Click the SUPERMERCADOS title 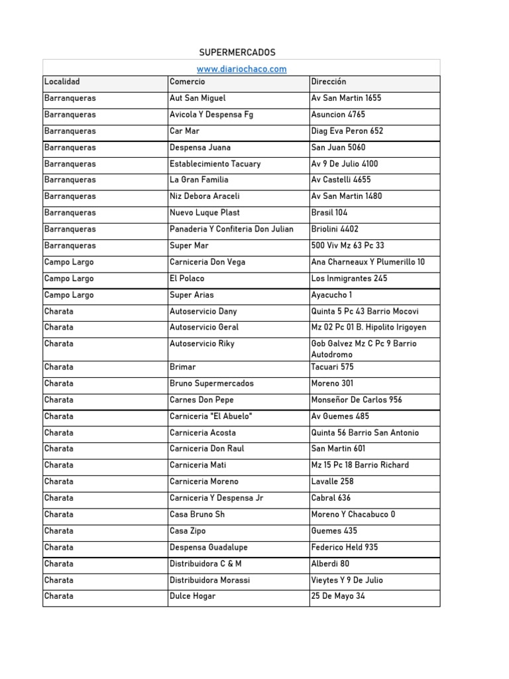click(237, 52)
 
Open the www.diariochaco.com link click(241, 69)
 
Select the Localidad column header click(62, 82)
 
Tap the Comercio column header click(188, 82)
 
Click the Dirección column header click(329, 82)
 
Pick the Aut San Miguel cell click(198, 98)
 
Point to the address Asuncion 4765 click(338, 115)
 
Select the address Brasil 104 click(329, 213)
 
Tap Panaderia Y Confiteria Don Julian click(231, 229)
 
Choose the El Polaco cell click(187, 278)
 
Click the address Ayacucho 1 click(331, 295)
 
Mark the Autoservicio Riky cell click(201, 343)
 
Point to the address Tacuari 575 click(333, 367)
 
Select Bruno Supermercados click(211, 383)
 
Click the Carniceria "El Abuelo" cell click(211, 416)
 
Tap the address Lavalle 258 click(333, 481)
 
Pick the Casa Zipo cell click(189, 530)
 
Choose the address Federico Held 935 click(345, 547)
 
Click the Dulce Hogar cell click(192, 596)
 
